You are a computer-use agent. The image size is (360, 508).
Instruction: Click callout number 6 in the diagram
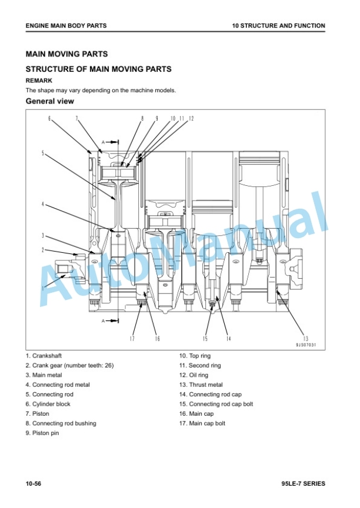(x=49, y=119)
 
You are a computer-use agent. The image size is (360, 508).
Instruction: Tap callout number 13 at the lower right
(x=306, y=339)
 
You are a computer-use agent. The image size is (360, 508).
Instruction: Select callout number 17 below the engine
(x=132, y=339)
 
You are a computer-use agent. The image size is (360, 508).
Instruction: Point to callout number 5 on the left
(x=43, y=153)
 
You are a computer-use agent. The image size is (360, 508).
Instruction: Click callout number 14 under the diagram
(x=229, y=339)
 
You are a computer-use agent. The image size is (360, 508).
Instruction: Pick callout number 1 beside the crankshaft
(x=43, y=288)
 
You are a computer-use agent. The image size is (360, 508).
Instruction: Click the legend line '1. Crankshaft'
(x=44, y=356)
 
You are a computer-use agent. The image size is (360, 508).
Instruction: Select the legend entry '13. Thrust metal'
(x=201, y=385)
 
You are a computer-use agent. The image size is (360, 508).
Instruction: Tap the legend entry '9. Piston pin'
(x=42, y=433)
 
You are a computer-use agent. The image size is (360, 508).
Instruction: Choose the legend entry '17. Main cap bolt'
(x=202, y=423)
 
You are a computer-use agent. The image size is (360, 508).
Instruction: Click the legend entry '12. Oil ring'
(x=194, y=375)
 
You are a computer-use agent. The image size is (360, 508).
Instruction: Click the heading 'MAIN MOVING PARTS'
(x=66, y=54)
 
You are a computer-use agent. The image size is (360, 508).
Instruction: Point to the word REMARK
(x=39, y=81)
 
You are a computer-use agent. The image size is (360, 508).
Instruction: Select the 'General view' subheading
(x=50, y=101)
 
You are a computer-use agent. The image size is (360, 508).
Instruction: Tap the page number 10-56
(x=34, y=484)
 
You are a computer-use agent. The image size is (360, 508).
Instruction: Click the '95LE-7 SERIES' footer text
(x=304, y=484)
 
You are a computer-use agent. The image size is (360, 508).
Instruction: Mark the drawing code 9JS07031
(x=306, y=345)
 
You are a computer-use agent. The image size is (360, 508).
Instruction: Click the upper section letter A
(x=103, y=142)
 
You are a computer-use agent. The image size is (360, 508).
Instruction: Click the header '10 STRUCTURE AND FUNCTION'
(x=279, y=26)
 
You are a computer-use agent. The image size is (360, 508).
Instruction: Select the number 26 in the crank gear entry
(x=109, y=366)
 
